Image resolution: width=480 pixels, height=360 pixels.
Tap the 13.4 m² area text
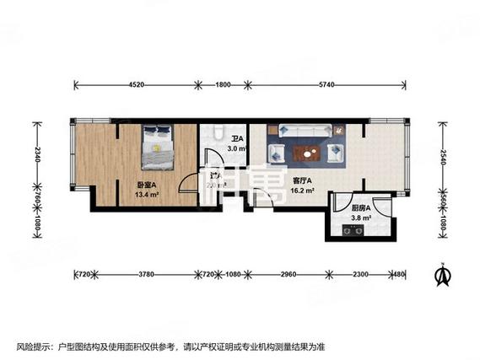tap(148, 192)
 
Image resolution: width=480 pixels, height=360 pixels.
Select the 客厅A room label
tap(302, 180)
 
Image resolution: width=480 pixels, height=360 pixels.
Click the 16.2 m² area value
tap(302, 191)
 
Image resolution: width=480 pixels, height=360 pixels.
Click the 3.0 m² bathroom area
tap(235, 149)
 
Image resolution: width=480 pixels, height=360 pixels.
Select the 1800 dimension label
tap(224, 84)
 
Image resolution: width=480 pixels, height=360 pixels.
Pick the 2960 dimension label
tap(289, 275)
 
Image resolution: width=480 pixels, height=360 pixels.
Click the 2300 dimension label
tap(359, 275)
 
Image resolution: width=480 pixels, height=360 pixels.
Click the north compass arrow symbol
tap(441, 275)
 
